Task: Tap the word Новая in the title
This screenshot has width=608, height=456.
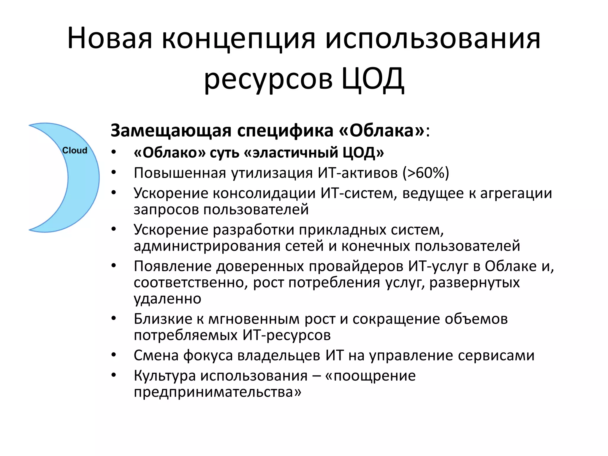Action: tap(110, 39)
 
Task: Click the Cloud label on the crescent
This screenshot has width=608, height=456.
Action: tap(75, 151)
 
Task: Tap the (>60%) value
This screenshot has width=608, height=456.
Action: tap(426, 173)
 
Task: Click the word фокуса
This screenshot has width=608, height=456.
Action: tap(208, 356)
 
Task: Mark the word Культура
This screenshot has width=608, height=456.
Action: tap(165, 376)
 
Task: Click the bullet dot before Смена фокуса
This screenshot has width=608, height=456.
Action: tap(114, 355)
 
